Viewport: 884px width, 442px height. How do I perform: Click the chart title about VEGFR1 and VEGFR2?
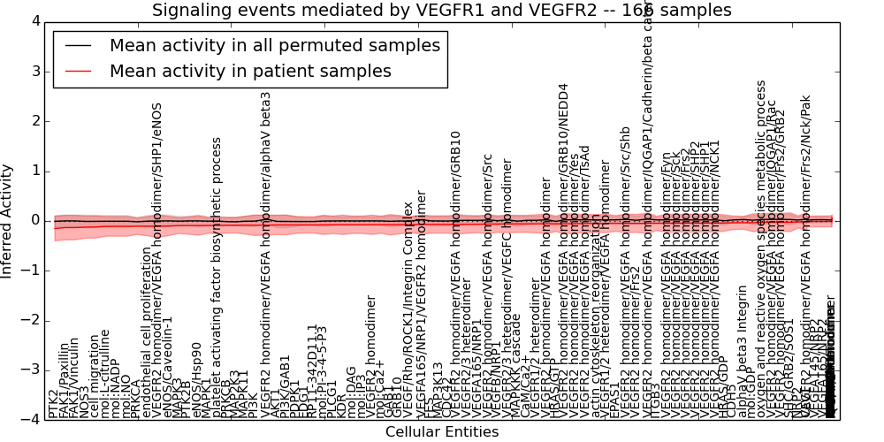442,10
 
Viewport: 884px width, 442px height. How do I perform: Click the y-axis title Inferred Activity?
8,220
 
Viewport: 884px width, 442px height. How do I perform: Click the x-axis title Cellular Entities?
442,432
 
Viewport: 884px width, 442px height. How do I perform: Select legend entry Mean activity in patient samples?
250,72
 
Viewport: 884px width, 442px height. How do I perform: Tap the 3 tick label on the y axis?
34,72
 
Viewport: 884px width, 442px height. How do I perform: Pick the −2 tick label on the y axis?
30,320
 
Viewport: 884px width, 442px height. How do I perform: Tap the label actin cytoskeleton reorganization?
606,348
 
